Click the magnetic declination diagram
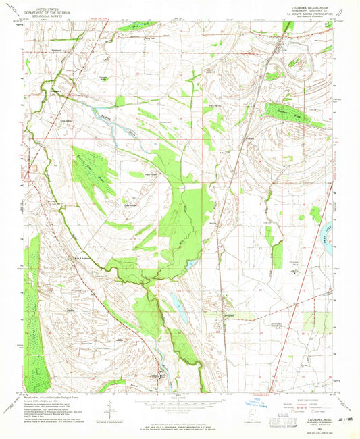pyautogui.click(x=108, y=409)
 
